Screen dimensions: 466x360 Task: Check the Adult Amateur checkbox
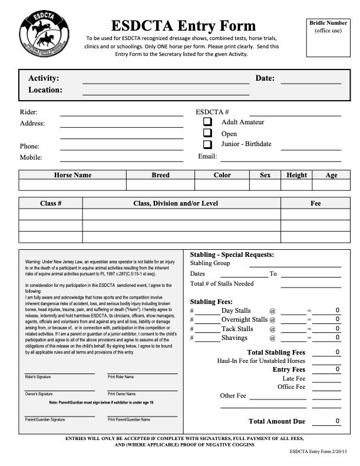[x=207, y=121]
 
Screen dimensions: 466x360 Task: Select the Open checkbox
[x=207, y=133]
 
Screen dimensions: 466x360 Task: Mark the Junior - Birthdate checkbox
[x=207, y=144]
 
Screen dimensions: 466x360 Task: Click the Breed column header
[x=160, y=175]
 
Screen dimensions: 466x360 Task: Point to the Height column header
[x=296, y=175]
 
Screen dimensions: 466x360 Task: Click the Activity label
[x=43, y=78]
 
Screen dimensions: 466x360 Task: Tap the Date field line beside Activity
[x=311, y=83]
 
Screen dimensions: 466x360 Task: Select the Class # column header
[x=51, y=203]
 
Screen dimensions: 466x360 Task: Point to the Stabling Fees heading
[x=212, y=301]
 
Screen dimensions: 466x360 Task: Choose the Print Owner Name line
[x=142, y=389]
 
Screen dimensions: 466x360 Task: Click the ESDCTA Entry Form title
[x=184, y=25]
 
